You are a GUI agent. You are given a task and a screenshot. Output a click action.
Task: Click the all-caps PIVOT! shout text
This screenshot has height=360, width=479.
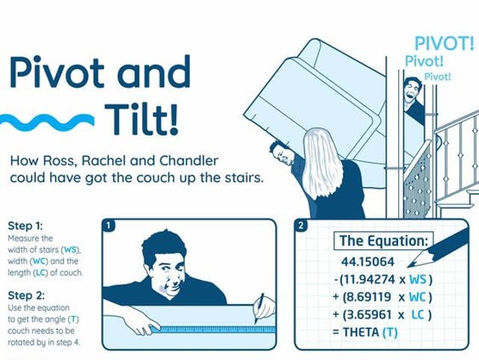(x=445, y=43)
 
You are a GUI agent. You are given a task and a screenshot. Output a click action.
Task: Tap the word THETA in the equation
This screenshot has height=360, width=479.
(x=361, y=332)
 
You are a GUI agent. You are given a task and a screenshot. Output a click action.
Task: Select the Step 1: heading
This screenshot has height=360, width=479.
(x=25, y=225)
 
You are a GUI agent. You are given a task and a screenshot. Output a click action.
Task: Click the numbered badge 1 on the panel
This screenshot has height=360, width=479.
(x=109, y=225)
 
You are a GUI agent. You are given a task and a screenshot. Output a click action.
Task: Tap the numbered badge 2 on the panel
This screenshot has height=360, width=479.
(x=300, y=225)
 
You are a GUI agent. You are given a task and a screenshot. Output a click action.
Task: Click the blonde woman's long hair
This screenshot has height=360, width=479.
(x=323, y=157)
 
